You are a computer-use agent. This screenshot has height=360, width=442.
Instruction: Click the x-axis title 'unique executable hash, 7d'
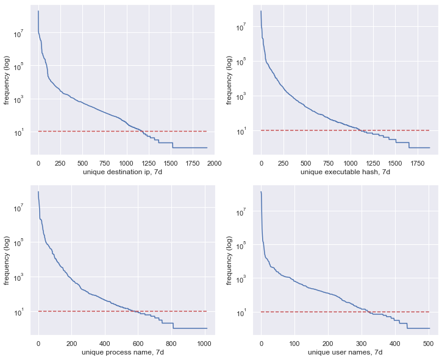click(x=345, y=172)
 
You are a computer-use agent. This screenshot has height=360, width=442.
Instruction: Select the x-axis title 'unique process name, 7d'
click(x=122, y=353)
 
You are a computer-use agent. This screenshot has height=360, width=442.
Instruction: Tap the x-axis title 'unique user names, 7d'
click(x=345, y=353)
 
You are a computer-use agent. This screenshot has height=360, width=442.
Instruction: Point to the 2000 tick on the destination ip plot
click(x=213, y=163)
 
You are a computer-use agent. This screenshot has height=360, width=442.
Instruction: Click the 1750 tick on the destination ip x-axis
click(x=191, y=163)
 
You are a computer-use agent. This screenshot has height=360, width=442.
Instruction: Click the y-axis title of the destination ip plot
click(x=7, y=79)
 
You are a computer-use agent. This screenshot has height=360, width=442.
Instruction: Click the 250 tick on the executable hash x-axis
click(x=283, y=163)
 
